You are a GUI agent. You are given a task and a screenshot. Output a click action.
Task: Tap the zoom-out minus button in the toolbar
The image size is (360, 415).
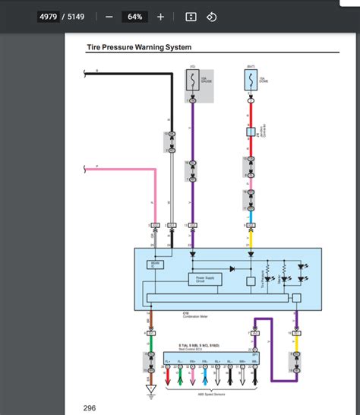[x=109, y=17]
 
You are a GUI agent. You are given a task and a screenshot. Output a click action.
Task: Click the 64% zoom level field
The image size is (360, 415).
[x=134, y=17]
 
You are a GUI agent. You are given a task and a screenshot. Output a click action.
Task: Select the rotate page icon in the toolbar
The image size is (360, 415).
[x=212, y=17]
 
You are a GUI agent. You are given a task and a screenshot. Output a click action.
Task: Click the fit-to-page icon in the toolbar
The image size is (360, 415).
[x=191, y=17]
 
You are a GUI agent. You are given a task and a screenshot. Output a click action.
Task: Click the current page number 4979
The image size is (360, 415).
[x=49, y=17]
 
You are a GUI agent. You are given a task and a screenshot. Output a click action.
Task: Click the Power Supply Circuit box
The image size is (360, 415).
[x=205, y=279]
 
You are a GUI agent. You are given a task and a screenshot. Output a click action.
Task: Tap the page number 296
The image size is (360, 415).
[x=90, y=408]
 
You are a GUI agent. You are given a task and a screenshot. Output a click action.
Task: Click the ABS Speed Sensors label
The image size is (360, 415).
[x=203, y=393]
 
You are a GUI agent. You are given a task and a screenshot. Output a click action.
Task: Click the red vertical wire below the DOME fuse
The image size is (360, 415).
[x=251, y=114]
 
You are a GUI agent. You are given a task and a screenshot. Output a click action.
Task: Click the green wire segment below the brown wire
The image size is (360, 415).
[x=152, y=342]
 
